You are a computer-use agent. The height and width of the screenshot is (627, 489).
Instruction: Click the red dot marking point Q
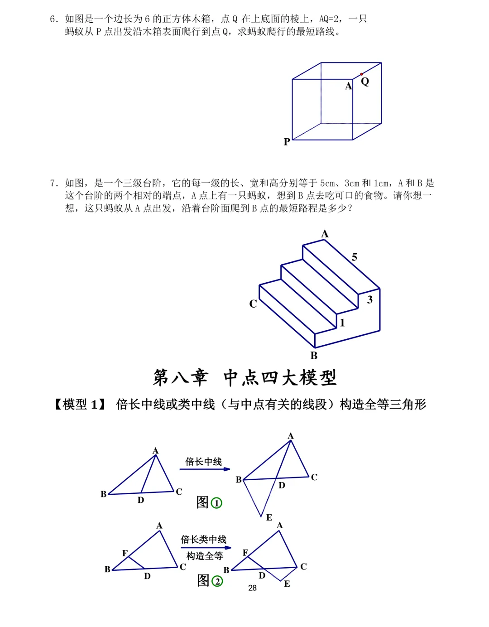[361, 74]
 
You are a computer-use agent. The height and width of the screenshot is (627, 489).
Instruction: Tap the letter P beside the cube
[287, 142]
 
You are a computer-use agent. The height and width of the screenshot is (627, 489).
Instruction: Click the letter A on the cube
[348, 86]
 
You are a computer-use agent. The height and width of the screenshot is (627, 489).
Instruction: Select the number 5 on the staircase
[355, 257]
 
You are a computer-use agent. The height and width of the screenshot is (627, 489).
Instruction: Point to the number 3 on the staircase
[370, 299]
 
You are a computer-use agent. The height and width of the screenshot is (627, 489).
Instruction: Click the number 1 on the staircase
[342, 323]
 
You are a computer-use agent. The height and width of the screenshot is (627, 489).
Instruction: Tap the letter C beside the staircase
[253, 304]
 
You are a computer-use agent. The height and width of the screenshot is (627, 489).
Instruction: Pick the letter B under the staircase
[314, 356]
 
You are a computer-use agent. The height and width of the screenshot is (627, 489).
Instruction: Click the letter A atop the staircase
[325, 234]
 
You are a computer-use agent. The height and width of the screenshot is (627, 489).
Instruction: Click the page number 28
[252, 588]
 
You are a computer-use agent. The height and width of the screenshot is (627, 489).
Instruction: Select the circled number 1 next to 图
[217, 503]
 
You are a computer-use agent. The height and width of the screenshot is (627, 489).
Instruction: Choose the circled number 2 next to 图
[217, 581]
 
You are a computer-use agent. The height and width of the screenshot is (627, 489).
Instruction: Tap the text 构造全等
[205, 556]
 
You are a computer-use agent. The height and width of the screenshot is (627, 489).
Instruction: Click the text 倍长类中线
[203, 540]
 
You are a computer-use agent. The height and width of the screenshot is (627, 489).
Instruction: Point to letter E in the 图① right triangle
[269, 517]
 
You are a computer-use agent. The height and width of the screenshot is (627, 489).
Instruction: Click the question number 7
[54, 183]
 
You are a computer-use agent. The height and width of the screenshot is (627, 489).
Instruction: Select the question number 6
[54, 19]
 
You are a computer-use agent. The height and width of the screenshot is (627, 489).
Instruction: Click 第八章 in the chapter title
[181, 377]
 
